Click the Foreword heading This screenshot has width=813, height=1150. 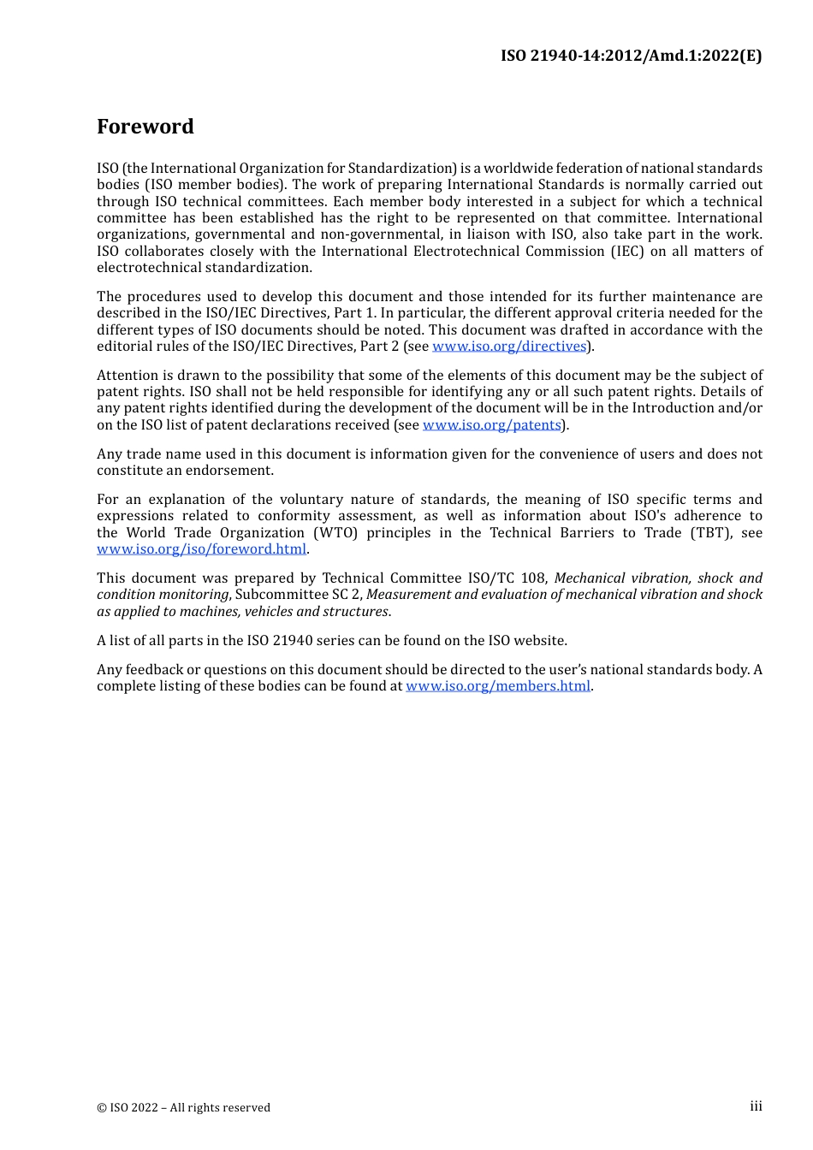coord(145,127)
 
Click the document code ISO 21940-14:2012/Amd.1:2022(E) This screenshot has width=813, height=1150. coord(631,56)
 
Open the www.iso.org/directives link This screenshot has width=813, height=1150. coord(509,347)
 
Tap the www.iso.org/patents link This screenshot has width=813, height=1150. coord(491,425)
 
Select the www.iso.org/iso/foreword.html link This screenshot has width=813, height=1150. coord(201,549)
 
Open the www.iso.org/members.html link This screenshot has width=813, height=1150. coord(498,686)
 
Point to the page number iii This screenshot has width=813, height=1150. coord(756,1106)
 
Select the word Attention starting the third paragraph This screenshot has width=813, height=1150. coord(128,376)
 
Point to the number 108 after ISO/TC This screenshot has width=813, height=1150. coord(533,578)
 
